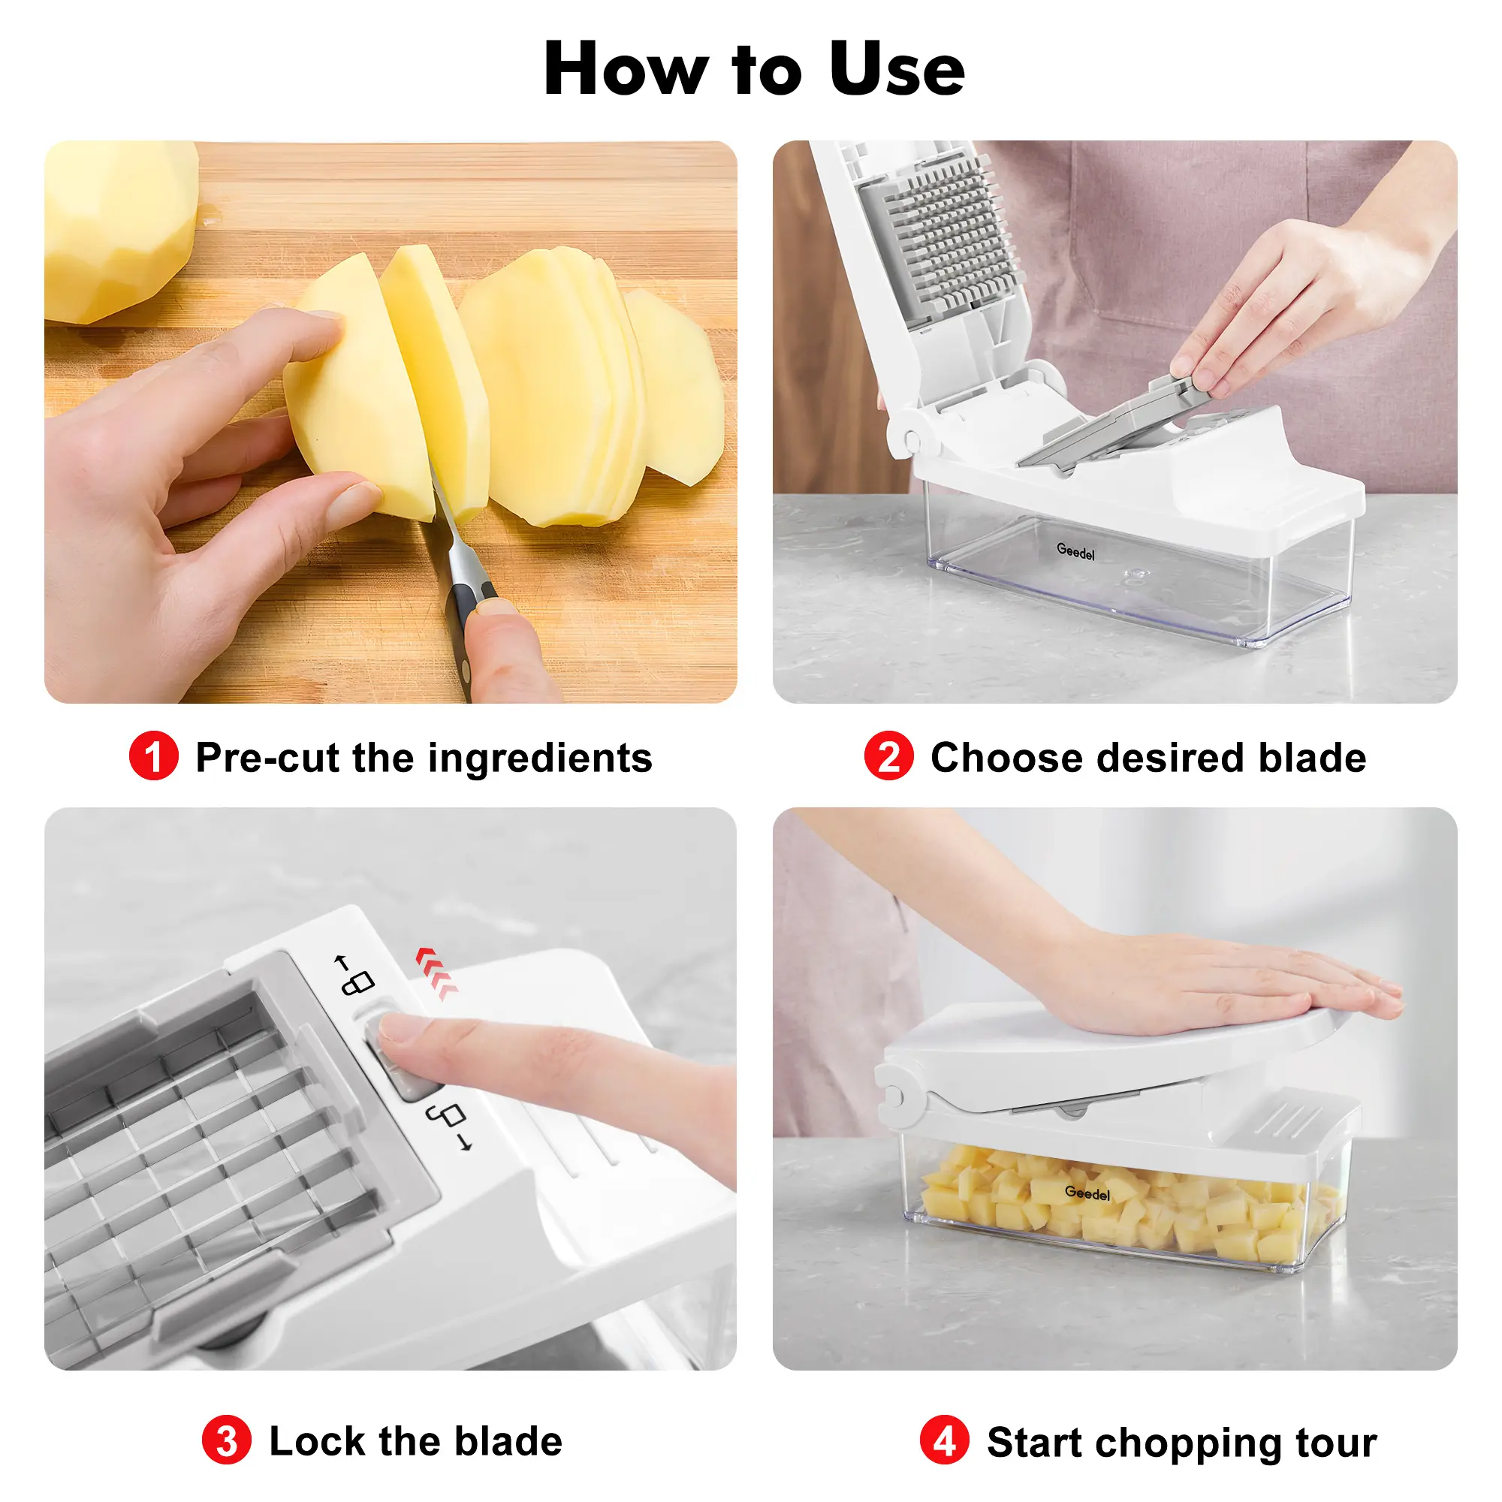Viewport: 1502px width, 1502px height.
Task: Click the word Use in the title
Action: point(897,70)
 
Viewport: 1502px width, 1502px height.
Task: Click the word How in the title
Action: point(626,70)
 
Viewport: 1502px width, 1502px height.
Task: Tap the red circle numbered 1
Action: point(154,756)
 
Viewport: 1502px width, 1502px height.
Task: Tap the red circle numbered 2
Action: point(888,756)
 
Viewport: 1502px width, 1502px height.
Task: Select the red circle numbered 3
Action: point(226,1440)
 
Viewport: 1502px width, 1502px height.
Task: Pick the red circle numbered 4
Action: point(944,1440)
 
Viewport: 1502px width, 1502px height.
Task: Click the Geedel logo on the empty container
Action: point(1075,552)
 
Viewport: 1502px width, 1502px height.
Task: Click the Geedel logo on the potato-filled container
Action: point(1087,1193)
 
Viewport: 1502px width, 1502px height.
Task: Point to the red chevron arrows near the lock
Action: point(436,973)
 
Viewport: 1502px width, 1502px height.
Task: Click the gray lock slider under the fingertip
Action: point(398,1056)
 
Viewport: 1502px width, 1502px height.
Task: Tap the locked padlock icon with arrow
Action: point(354,974)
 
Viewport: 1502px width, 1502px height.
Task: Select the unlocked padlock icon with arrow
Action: point(449,1125)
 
